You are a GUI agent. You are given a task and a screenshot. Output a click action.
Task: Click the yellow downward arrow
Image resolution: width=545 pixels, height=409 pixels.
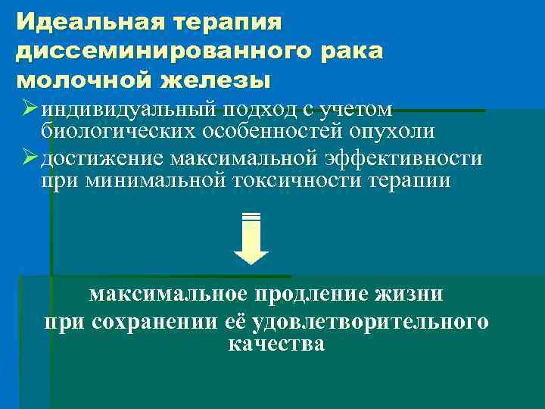click(251, 238)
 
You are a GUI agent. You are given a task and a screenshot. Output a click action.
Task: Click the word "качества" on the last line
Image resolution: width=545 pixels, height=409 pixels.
click(276, 344)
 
